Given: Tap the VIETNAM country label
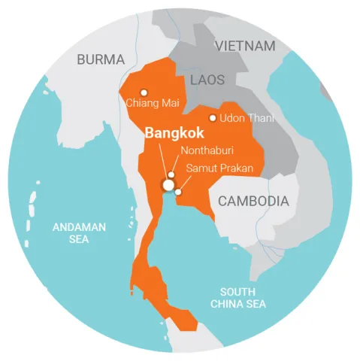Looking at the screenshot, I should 245,46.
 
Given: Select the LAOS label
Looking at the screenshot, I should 208,80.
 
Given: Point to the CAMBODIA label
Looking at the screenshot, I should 253,201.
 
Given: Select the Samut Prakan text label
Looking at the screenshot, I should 220,168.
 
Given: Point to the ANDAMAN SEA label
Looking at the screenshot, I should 79,232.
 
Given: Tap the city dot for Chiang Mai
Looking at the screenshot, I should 144,93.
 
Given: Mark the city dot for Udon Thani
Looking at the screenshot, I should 213,118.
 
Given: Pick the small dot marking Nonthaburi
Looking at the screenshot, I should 171,174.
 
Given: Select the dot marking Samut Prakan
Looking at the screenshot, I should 178,192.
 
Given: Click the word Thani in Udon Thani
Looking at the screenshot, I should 260,118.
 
